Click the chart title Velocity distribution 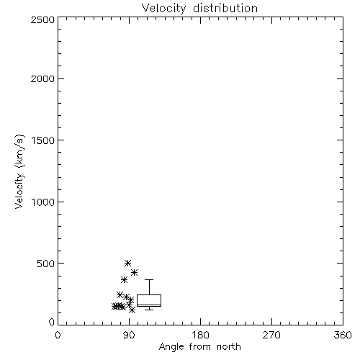[199, 9]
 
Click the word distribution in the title [225, 8]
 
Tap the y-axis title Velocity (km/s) [19, 171]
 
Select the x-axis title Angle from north [199, 347]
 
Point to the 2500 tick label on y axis [43, 19]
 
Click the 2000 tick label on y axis [43, 78]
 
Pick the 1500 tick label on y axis [43, 140]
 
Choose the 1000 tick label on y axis [43, 202]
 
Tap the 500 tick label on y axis [46, 264]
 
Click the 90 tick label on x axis [129, 335]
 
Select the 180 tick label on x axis [200, 335]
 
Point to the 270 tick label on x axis [271, 335]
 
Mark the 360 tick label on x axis [343, 335]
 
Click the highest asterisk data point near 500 [128, 263]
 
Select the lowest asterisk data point [132, 310]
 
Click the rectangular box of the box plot [149, 294]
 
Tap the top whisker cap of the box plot [149, 279]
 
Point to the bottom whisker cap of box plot [149, 310]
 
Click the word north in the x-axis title [228, 347]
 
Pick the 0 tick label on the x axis [58, 335]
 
